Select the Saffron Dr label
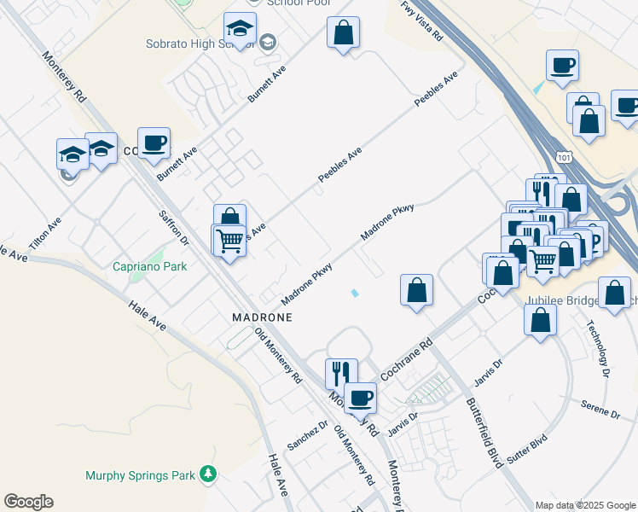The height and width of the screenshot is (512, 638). [x=174, y=228]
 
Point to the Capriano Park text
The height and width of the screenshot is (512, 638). [x=149, y=266]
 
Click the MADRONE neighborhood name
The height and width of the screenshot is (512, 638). [x=262, y=317]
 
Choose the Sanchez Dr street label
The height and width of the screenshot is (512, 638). [x=308, y=435]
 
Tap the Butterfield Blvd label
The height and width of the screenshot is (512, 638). [x=484, y=427]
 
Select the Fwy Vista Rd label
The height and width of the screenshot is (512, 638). [x=422, y=22]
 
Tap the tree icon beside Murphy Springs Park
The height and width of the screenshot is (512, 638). [x=206, y=474]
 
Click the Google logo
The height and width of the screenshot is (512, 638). [x=28, y=502]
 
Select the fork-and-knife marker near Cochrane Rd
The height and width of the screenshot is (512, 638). [x=339, y=372]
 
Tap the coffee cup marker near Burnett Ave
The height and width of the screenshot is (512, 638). [x=154, y=142]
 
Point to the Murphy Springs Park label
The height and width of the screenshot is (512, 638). [x=140, y=475]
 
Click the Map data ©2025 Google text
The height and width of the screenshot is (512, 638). [x=585, y=505]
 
